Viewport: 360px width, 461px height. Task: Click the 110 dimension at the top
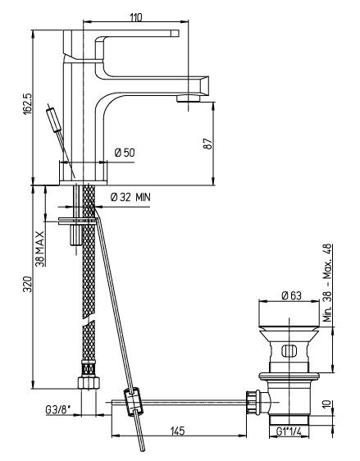click(136, 17)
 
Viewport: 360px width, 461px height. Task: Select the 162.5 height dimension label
click(27, 104)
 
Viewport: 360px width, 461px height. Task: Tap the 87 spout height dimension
click(208, 144)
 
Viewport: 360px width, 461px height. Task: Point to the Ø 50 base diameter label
click(125, 153)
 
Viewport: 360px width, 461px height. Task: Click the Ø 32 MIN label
click(130, 197)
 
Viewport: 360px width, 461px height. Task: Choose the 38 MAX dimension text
click(40, 249)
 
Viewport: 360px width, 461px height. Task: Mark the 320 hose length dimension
click(27, 284)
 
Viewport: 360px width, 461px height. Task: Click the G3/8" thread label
click(58, 410)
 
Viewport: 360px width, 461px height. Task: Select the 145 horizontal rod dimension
click(178, 431)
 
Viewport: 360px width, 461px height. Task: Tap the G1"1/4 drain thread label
click(289, 431)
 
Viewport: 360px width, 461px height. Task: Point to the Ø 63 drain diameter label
click(291, 295)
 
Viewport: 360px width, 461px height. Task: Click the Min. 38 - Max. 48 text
click(327, 282)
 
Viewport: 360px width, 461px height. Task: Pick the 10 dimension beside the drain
click(327, 404)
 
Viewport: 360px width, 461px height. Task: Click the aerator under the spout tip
click(188, 98)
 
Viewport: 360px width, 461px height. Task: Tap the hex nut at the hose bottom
click(89, 383)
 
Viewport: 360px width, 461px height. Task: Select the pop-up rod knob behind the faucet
click(54, 120)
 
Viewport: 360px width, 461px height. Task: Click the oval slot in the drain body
click(289, 351)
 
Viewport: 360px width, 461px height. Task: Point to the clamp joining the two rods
click(133, 402)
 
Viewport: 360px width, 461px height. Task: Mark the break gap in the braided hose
click(89, 320)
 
